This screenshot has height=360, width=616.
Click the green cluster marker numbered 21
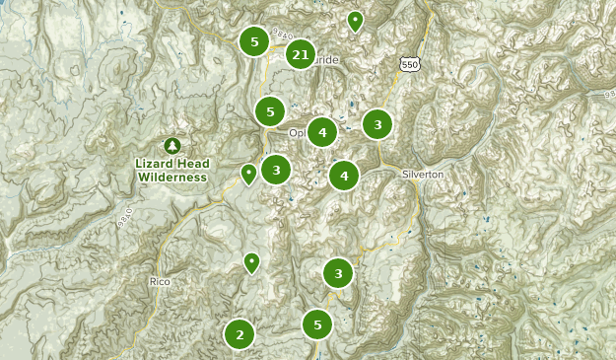[301, 54]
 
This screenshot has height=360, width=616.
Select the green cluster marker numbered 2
[240, 335]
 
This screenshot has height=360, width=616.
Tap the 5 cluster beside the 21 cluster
[254, 41]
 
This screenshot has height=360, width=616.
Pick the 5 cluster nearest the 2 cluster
[317, 324]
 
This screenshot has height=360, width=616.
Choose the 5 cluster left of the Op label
[269, 111]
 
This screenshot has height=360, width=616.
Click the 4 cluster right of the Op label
[322, 131]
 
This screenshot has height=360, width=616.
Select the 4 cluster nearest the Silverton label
[344, 177]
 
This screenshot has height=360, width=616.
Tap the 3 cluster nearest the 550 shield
[377, 124]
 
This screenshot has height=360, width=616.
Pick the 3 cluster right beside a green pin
[276, 170]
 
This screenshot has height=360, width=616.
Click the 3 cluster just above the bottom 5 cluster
[338, 273]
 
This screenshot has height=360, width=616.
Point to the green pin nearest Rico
[251, 262]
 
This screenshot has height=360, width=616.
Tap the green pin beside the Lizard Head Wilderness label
[249, 175]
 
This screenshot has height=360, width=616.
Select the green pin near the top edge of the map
[355, 21]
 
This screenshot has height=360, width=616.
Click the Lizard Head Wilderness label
[172, 171]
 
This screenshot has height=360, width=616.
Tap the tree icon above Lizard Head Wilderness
[173, 145]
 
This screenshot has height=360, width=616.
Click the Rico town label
[160, 282]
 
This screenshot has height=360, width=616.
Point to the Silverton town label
[423, 174]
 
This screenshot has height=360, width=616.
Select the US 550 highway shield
[409, 64]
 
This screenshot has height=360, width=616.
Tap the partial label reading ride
[326, 60]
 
